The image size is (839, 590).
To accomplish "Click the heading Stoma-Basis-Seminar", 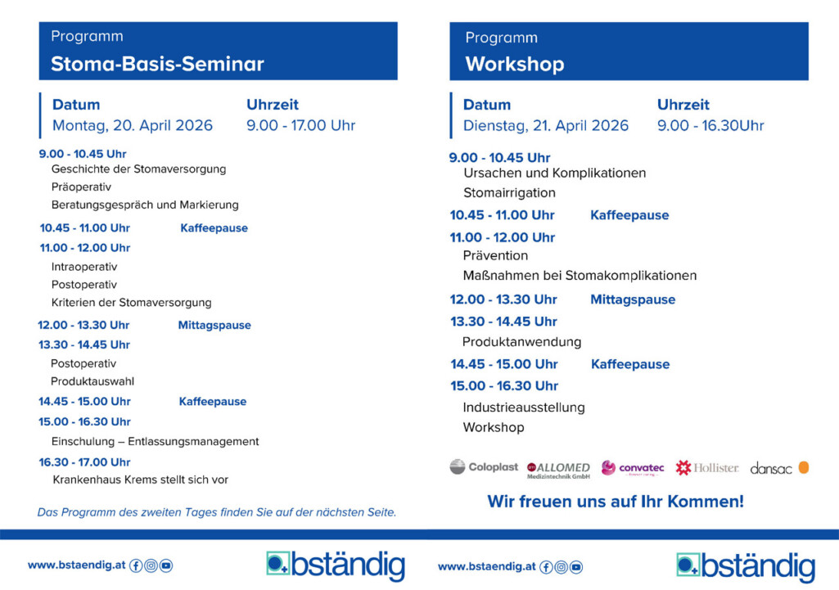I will [x=157, y=64].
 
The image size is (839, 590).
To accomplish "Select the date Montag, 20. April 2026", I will [x=133, y=125].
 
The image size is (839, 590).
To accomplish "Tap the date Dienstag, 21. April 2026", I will [x=546, y=125].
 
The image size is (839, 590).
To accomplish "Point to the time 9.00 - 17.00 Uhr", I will [x=300, y=125].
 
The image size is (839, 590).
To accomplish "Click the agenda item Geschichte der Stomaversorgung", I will [x=138, y=169].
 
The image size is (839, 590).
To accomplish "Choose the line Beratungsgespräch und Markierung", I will [x=145, y=205].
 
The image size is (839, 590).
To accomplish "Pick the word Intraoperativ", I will [x=84, y=267].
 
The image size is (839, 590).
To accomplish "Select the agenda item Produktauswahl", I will [x=92, y=381].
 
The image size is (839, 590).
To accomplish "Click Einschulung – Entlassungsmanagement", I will [x=155, y=441].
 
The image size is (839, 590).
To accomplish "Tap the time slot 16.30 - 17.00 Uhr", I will [x=84, y=462].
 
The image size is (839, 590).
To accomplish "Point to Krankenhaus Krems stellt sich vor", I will [x=140, y=480].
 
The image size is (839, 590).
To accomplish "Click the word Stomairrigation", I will [x=509, y=193].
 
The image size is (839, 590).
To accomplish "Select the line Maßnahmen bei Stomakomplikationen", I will [x=580, y=275].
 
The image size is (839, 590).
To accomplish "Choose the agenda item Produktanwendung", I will [x=521, y=342].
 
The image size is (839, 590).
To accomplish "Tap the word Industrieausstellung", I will [x=524, y=407].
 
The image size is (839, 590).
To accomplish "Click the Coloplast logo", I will [x=484, y=467].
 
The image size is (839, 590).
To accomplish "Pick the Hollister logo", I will [x=706, y=468].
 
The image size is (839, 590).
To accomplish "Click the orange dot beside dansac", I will [x=804, y=467].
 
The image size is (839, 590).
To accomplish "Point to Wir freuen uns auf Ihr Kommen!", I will [x=616, y=502].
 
